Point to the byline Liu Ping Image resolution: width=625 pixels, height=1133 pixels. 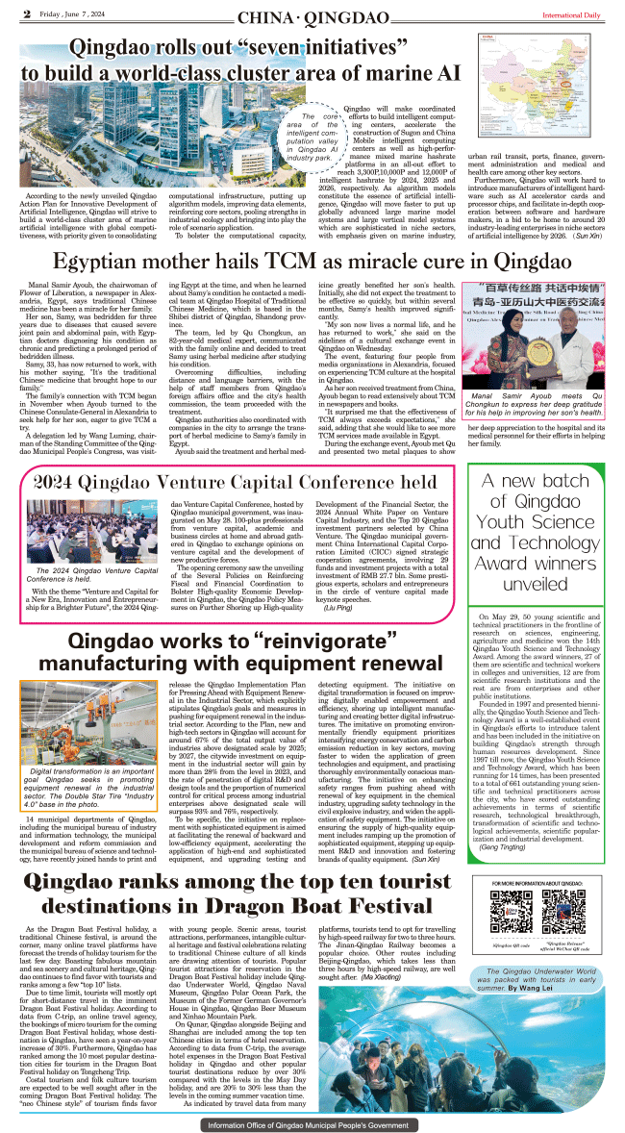[x=363, y=609]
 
